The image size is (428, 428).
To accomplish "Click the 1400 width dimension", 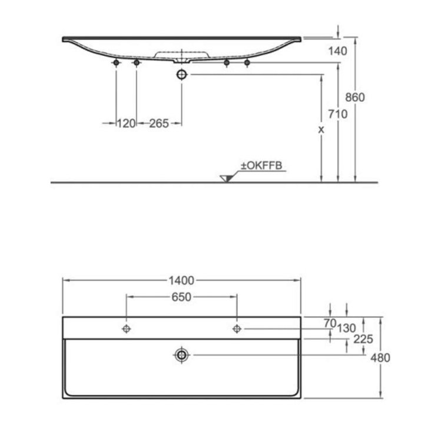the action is [x=181, y=280].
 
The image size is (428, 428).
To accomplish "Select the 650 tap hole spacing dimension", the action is [x=181, y=297].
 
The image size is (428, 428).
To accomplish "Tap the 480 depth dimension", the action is [x=380, y=357].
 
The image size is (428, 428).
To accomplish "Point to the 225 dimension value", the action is [x=363, y=339].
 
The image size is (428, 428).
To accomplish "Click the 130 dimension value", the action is [x=346, y=328].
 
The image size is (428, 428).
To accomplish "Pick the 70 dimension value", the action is [x=330, y=323].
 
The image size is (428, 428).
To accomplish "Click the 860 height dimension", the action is [x=355, y=98].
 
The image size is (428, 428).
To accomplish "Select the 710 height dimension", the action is [x=338, y=114].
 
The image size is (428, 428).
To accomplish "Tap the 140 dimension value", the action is [x=338, y=51].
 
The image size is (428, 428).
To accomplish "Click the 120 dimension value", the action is [x=126, y=124].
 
